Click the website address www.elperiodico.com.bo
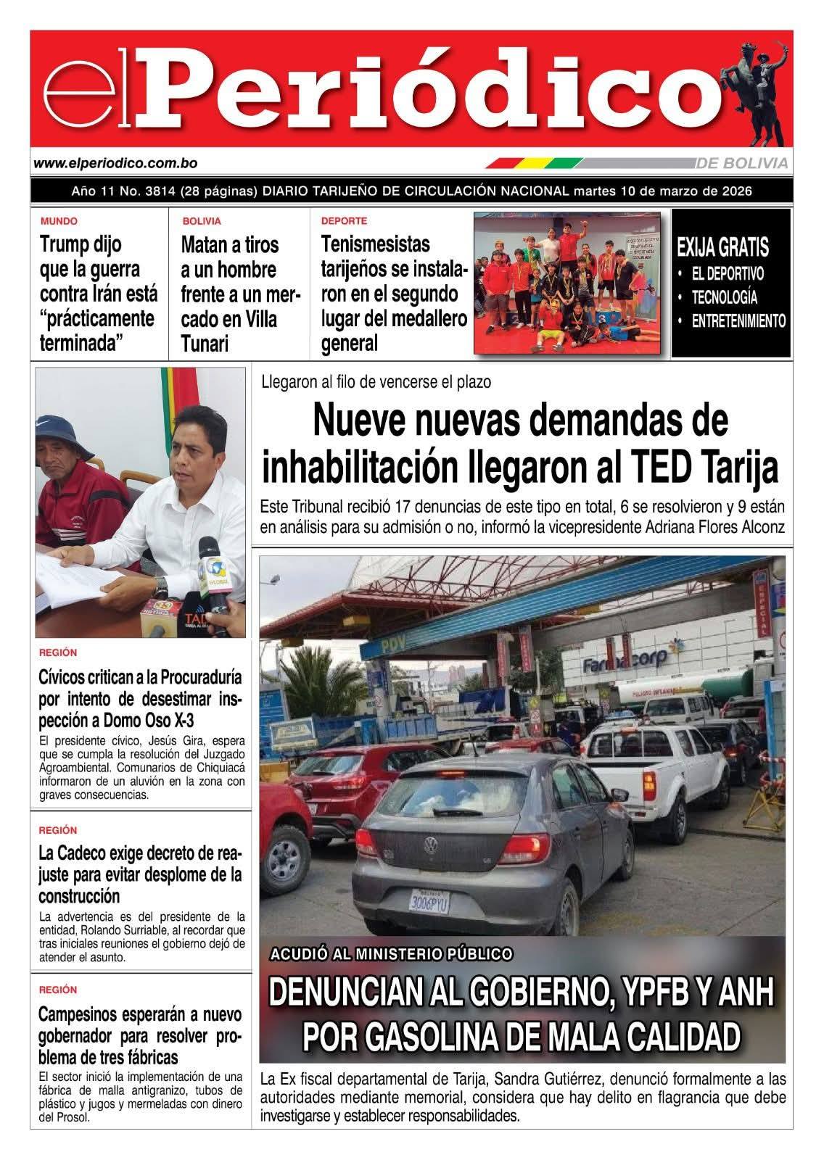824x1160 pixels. (x=115, y=164)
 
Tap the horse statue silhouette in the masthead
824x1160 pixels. (x=755, y=91)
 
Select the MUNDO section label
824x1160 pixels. (x=59, y=221)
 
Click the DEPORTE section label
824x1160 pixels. (x=344, y=221)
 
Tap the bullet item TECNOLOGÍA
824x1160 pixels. (x=724, y=297)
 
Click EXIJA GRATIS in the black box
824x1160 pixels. (x=722, y=248)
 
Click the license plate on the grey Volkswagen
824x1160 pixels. (x=430, y=902)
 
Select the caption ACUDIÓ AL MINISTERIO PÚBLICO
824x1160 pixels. (x=392, y=954)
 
